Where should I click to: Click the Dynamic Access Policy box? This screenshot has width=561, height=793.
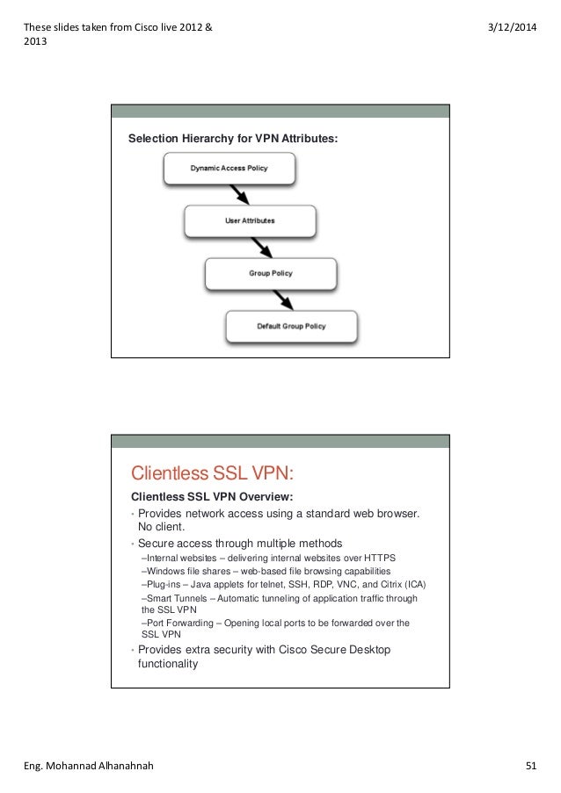coord(229,169)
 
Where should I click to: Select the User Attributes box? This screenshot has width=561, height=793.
coord(250,220)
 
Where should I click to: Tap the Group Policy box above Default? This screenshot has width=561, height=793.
coord(270,273)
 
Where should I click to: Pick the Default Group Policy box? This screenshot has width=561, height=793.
coord(291,326)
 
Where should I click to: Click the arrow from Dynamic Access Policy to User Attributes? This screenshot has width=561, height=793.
coord(237,194)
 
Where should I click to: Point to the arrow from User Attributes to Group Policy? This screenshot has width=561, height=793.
coord(259,247)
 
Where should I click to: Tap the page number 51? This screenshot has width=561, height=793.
coord(531,766)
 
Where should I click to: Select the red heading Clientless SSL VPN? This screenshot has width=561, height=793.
coord(210,474)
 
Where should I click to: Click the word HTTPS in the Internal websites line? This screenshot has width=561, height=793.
coord(381,558)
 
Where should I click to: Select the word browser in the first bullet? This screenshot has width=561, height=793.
coord(392,513)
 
